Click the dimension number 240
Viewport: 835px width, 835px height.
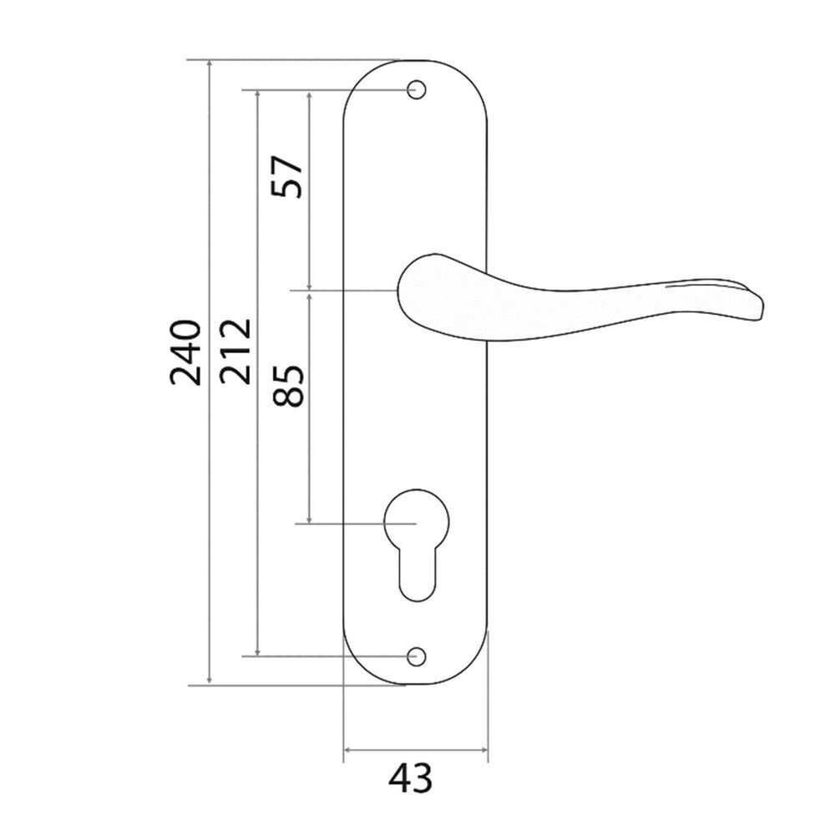(x=185, y=352)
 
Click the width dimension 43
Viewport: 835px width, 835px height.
(x=411, y=780)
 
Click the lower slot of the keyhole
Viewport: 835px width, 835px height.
(x=416, y=576)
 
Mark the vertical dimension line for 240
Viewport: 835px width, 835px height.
(x=209, y=468)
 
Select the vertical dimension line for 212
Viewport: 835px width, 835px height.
(x=258, y=501)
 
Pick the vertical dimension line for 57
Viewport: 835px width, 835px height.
(x=311, y=234)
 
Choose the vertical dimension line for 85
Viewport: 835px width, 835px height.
(x=311, y=459)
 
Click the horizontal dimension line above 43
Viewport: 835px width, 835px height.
(x=416, y=749)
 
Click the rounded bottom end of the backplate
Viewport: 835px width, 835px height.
(x=416, y=681)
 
